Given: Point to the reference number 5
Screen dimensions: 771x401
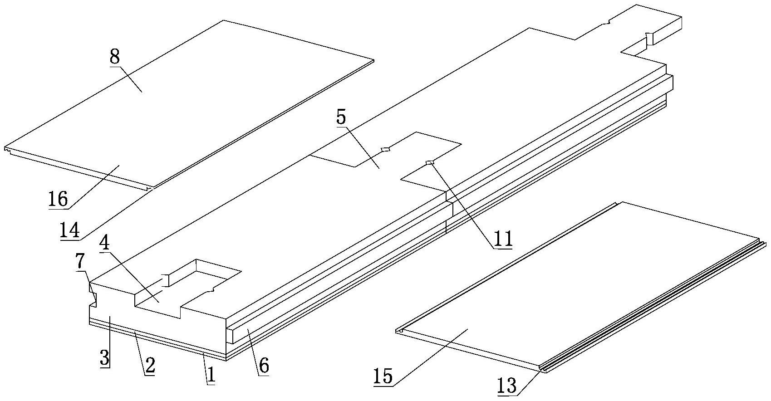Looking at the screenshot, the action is pos(341,117).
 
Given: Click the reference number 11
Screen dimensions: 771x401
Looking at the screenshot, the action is pos(503,238).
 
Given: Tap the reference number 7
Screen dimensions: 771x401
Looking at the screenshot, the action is pos(80,263).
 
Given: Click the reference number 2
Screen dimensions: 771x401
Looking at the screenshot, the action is pos(150,365).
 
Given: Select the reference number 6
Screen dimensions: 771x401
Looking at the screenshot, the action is pos(264,365).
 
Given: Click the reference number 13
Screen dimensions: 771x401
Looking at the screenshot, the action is pos(506,386).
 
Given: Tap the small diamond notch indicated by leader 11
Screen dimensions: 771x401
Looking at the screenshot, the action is pos(430,162).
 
